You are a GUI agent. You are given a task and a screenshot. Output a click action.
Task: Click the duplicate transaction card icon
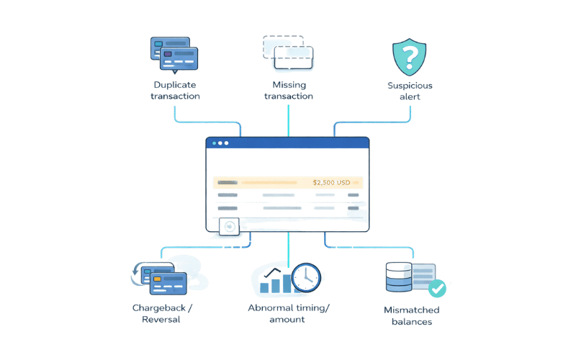[x=174, y=55]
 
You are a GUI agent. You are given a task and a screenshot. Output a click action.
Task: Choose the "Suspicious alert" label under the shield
[x=409, y=91]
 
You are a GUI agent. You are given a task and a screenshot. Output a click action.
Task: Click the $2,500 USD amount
[x=331, y=183]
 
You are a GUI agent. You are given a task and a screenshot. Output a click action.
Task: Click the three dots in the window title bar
[x=220, y=143]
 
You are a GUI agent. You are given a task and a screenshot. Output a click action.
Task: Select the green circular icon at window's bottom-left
[x=230, y=227]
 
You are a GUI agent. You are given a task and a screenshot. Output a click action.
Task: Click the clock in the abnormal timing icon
[x=305, y=276]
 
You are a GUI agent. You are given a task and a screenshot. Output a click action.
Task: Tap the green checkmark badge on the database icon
[x=436, y=289]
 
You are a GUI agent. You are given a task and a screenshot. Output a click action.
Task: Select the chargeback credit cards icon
[x=160, y=277]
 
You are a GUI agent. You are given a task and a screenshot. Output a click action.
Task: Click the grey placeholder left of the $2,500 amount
[x=228, y=183]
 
